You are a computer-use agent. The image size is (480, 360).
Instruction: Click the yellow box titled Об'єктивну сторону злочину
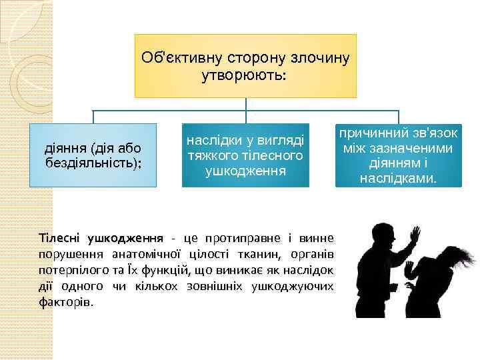pyautogui.click(x=245, y=65)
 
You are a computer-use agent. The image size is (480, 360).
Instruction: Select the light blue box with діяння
pyautogui.click(x=93, y=154)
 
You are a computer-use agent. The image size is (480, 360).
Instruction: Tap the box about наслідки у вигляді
pyautogui.click(x=245, y=154)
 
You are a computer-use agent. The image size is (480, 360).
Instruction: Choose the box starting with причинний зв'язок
pyautogui.click(x=399, y=154)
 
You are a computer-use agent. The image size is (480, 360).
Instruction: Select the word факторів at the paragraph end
pyautogui.click(x=66, y=301)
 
